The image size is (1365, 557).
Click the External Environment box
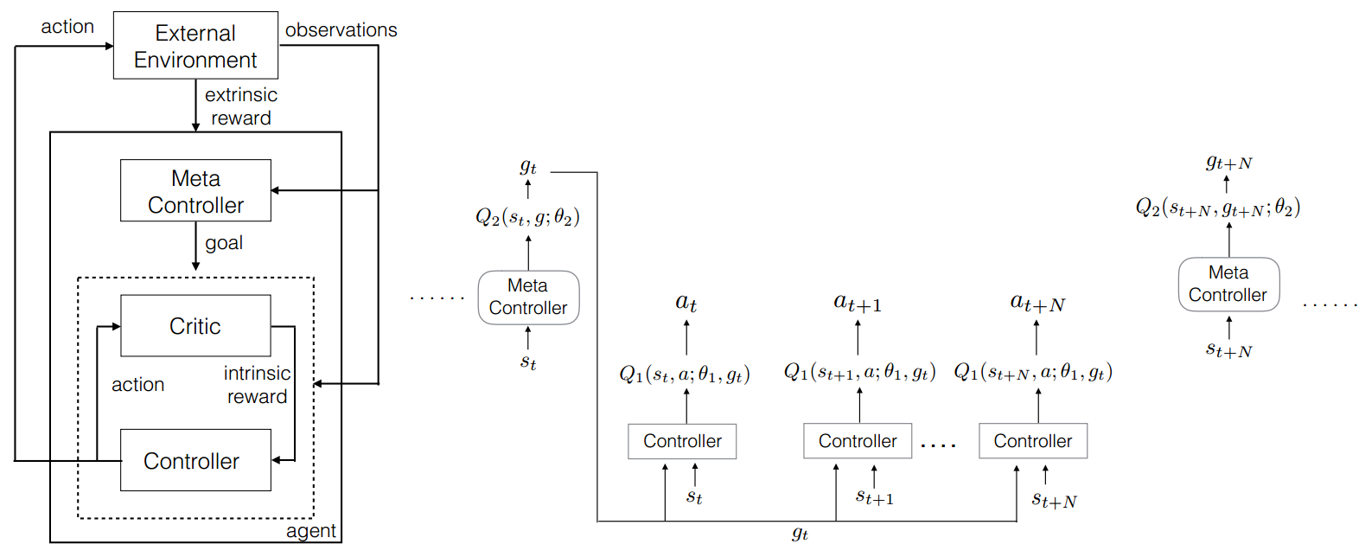195,46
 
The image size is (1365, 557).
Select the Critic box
195,326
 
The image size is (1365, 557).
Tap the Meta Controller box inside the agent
195,191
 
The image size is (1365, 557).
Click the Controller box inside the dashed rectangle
195,460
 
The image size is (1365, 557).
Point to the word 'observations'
341,30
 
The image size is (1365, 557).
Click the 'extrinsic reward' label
240,106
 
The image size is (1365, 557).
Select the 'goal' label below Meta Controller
224,243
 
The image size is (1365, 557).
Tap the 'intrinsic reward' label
257,385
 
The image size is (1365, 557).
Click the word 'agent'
310,531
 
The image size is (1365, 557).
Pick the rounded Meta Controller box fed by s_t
528,298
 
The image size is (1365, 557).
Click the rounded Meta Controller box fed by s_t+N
1228,285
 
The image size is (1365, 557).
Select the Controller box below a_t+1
857,441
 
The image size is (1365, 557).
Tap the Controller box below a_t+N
1032,441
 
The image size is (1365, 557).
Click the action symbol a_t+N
1037,304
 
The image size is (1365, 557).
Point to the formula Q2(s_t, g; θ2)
527,217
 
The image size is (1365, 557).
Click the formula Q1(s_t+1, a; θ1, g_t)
859,373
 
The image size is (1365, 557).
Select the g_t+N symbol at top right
1228,163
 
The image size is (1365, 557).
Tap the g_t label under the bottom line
800,535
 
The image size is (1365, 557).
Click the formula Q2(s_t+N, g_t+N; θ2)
1217,208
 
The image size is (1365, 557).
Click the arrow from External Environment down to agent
196,105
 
